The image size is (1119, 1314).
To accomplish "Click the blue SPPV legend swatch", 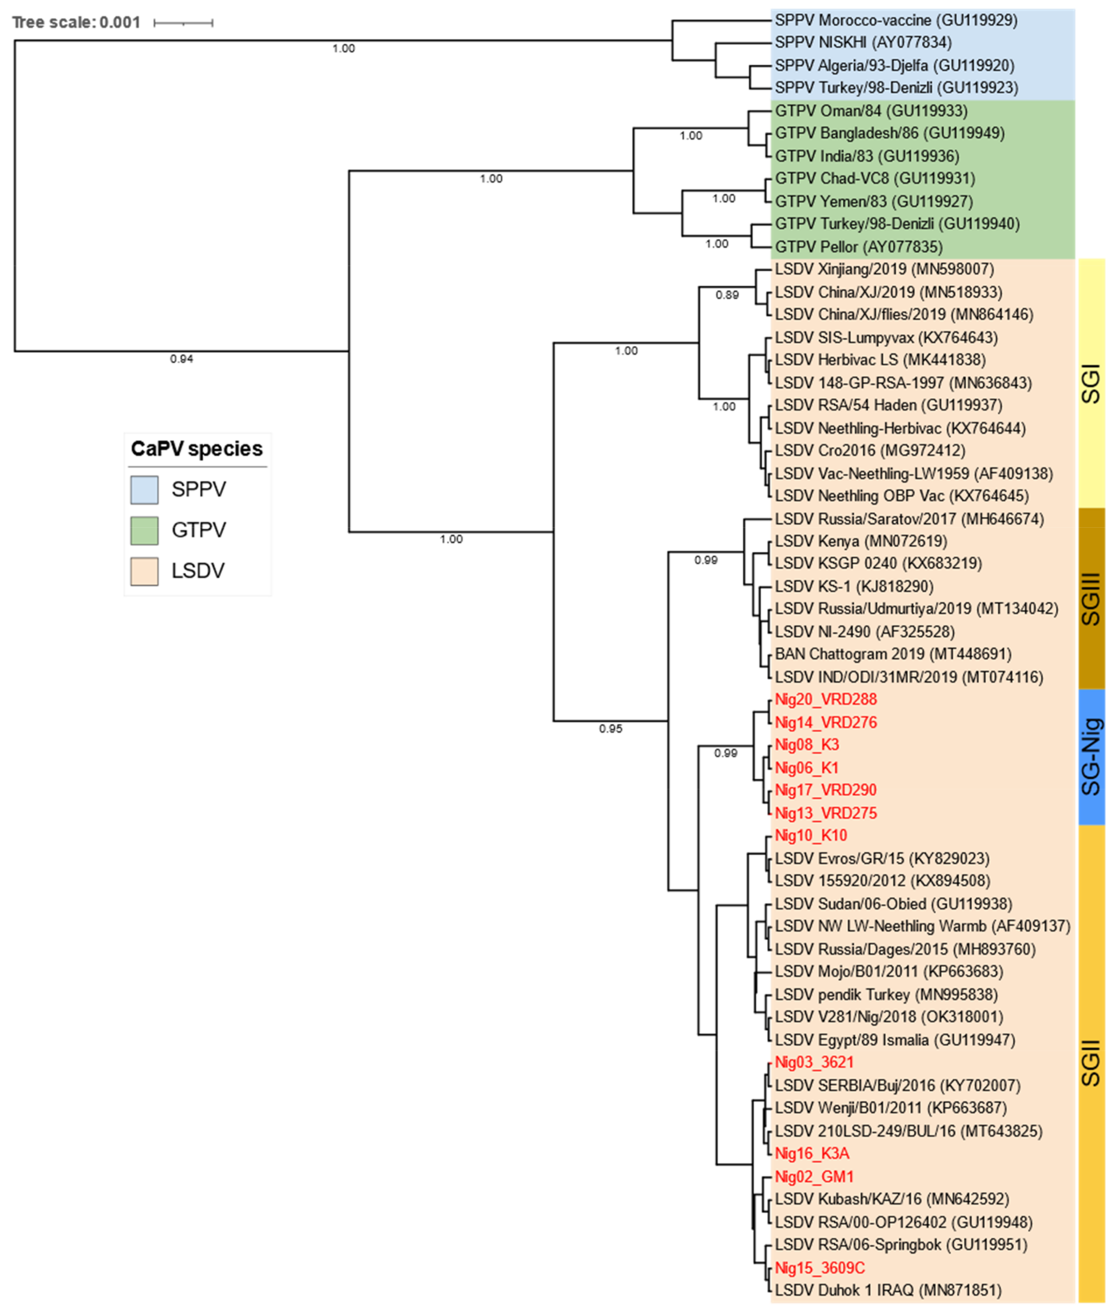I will pos(145,490).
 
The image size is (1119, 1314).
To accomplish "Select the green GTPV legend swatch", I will pos(145,530).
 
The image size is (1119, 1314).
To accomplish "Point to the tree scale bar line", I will pos(183,24).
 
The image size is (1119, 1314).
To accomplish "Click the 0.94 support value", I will pos(181,359).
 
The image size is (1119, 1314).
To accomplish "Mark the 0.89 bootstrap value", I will pos(727,295).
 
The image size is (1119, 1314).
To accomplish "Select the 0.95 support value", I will pos(610,729).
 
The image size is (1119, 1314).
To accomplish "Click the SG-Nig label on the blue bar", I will pos(1091,757).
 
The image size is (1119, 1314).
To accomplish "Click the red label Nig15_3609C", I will pos(819,1268).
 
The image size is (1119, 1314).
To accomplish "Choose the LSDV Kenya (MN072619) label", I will pos(861,541).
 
